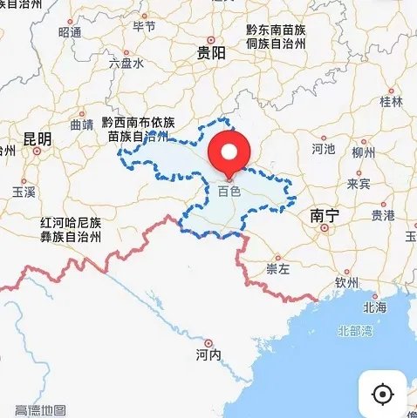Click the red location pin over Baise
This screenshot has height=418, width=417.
pos(229,154)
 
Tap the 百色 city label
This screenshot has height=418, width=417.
pos(229,189)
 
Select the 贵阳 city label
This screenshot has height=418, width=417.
pos(212,53)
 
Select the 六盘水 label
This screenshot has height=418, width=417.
pos(126,64)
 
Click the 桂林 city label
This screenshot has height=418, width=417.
pos(392,101)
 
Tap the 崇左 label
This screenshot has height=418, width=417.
pos(278,269)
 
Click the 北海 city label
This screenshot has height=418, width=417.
pos(375,307)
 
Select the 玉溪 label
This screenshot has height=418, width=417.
pos(24,191)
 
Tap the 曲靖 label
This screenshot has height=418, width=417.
pos(81,125)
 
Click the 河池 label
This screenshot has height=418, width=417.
pos(323,149)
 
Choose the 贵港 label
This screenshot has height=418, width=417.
pos(382,214)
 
